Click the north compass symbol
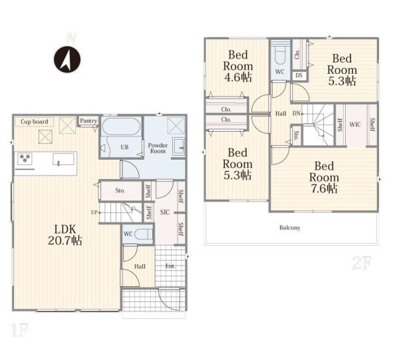pyautogui.click(x=67, y=60)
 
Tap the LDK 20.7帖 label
pyautogui.click(x=65, y=235)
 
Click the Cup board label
pyautogui.click(x=34, y=122)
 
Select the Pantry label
pyautogui.click(x=88, y=120)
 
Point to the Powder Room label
pyautogui.click(x=158, y=148)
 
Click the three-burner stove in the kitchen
pyautogui.click(x=25, y=159)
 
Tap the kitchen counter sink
pyautogui.click(x=63, y=160)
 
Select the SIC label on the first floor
pyautogui.click(x=165, y=212)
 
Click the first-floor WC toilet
pyautogui.click(x=144, y=234)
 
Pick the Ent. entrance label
pyautogui.click(x=170, y=266)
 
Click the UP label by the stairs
pyautogui.click(x=94, y=212)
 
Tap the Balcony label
pyautogui.click(x=290, y=228)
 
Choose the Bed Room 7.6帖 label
pyautogui.click(x=324, y=178)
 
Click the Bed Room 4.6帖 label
pyautogui.click(x=238, y=66)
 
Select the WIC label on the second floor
pyautogui.click(x=354, y=124)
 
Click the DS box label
pyautogui.click(x=299, y=75)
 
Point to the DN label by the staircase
pyautogui.click(x=297, y=114)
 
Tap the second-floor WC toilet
pyautogui.click(x=280, y=57)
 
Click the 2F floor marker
pyautogui.click(x=362, y=264)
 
